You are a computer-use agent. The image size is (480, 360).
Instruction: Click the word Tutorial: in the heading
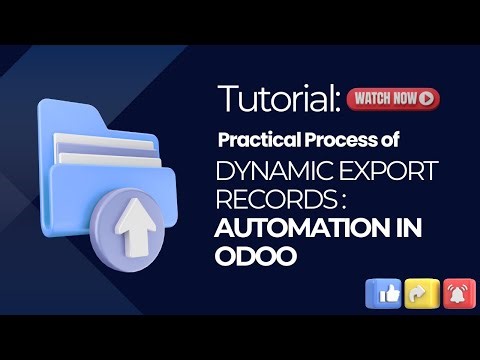tap(278, 98)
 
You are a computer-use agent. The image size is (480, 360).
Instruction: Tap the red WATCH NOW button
tap(393, 98)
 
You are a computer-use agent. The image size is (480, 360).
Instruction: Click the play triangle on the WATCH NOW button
tap(428, 98)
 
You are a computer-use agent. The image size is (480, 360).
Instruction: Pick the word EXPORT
tap(386, 171)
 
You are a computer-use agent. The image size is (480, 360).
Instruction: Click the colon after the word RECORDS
tap(327, 199)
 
